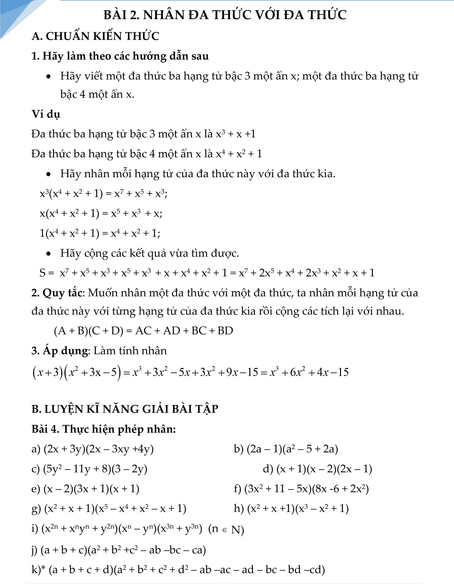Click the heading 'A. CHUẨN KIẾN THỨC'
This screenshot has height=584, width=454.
[95, 36]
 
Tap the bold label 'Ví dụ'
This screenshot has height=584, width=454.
[46, 114]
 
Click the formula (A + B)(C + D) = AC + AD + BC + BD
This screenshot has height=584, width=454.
[143, 331]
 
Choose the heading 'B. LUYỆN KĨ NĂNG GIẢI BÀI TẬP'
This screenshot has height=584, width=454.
[125, 409]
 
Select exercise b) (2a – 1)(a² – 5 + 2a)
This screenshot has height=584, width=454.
[286, 449]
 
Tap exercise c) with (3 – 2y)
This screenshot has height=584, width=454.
[89, 469]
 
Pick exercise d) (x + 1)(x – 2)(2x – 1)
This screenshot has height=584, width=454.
[317, 469]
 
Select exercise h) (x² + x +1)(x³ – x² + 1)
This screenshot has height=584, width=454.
[291, 509]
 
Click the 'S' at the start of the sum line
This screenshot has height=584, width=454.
[43, 273]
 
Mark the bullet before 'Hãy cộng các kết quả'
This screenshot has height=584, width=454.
[48, 253]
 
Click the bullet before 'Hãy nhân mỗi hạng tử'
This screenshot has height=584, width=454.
[48, 174]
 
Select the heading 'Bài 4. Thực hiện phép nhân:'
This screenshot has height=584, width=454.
[104, 429]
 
